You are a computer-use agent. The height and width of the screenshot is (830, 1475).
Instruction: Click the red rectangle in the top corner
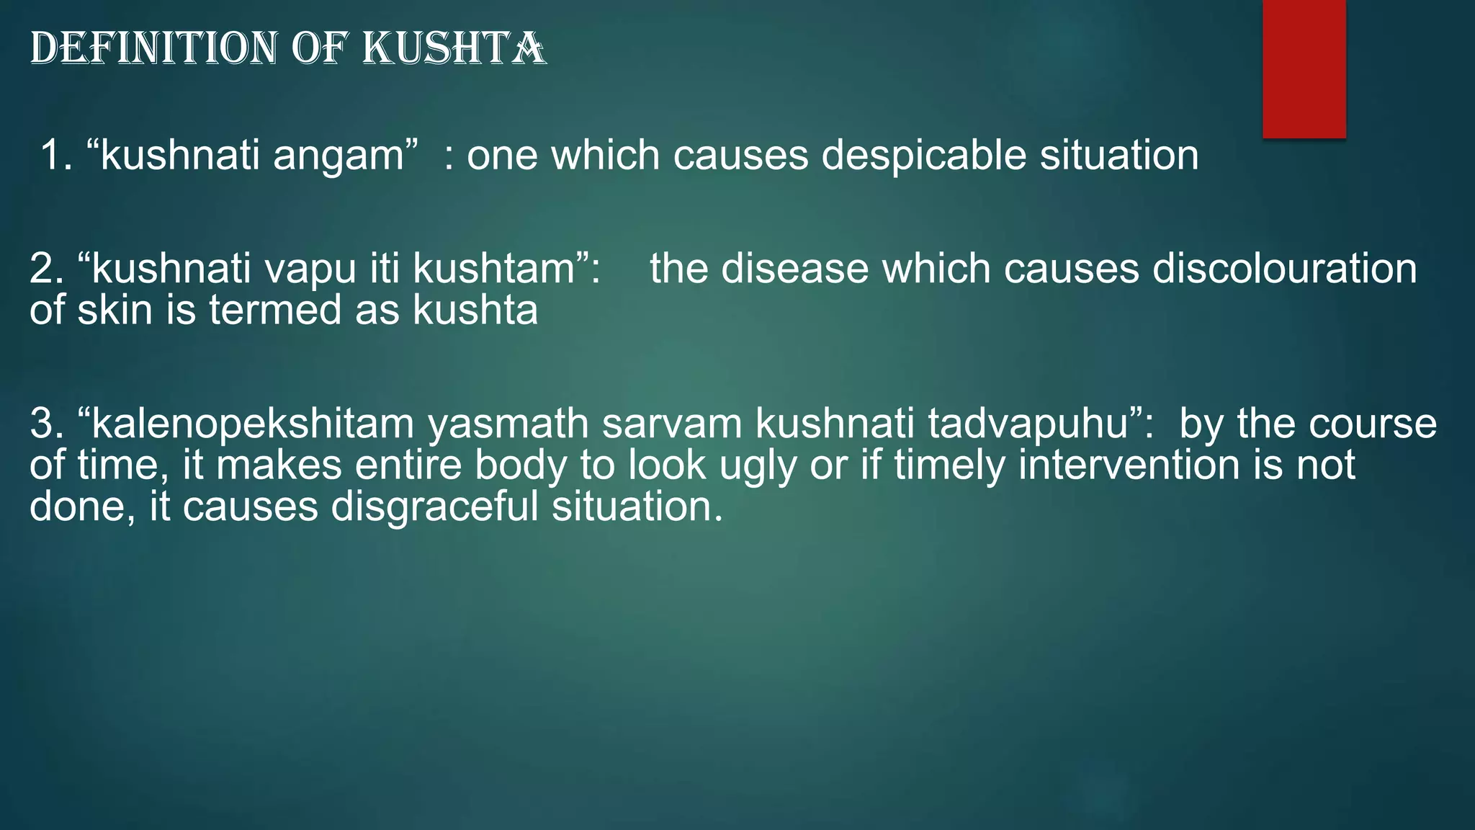[1304, 68]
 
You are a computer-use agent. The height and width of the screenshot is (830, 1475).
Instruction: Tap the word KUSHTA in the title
[453, 49]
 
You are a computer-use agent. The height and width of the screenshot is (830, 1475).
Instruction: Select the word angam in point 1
[339, 156]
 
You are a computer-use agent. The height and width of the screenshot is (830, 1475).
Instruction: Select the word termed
[274, 311]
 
